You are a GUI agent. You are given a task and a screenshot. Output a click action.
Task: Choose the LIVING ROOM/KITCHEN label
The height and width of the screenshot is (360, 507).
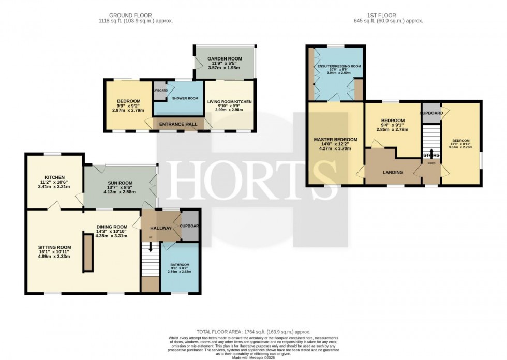(x=229, y=102)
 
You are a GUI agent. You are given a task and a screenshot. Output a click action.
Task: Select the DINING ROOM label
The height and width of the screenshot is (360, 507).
(x=111, y=227)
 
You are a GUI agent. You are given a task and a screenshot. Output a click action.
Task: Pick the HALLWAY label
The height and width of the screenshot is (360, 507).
(x=161, y=228)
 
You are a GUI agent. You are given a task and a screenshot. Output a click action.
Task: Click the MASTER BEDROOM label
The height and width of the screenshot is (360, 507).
(x=335, y=140)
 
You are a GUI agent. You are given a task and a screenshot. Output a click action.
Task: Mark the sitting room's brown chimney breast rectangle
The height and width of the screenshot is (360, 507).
(x=88, y=252)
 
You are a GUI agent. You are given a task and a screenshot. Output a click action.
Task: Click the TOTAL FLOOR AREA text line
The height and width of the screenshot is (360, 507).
(x=253, y=331)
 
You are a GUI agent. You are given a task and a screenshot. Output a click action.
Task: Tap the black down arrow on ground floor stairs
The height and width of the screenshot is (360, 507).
(x=151, y=248)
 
